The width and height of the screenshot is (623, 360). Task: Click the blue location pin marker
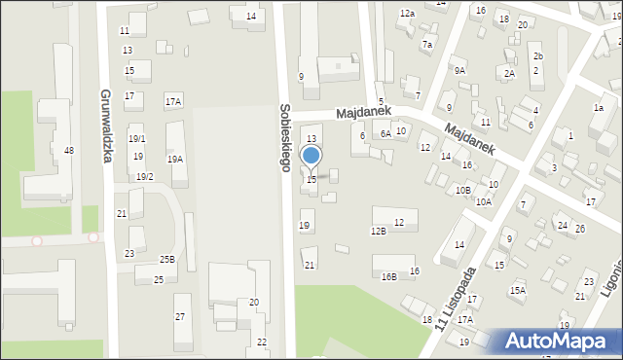pos(311,157)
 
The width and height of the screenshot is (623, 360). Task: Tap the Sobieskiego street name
pos(284,137)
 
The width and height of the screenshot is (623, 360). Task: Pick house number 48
pos(68,150)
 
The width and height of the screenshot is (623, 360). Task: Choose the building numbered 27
pos(179,316)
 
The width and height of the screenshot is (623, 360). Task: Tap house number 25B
pos(167,259)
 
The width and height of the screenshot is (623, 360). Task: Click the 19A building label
pos(175,159)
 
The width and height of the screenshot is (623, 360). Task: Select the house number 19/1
pos(137,139)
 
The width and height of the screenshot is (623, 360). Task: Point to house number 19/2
pos(144,176)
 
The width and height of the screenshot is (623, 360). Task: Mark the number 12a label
pos(407,14)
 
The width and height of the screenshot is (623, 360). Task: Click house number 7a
pos(426,45)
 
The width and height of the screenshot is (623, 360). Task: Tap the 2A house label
pos(509,73)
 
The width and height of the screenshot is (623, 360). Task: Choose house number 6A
pos(385,134)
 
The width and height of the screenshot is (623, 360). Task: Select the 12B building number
pos(378,231)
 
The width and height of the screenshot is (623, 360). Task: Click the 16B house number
pos(388,276)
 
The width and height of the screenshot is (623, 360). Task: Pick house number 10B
pos(463,190)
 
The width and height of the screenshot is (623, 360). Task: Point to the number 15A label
pos(518,290)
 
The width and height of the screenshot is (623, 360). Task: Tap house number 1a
pos(599,108)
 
